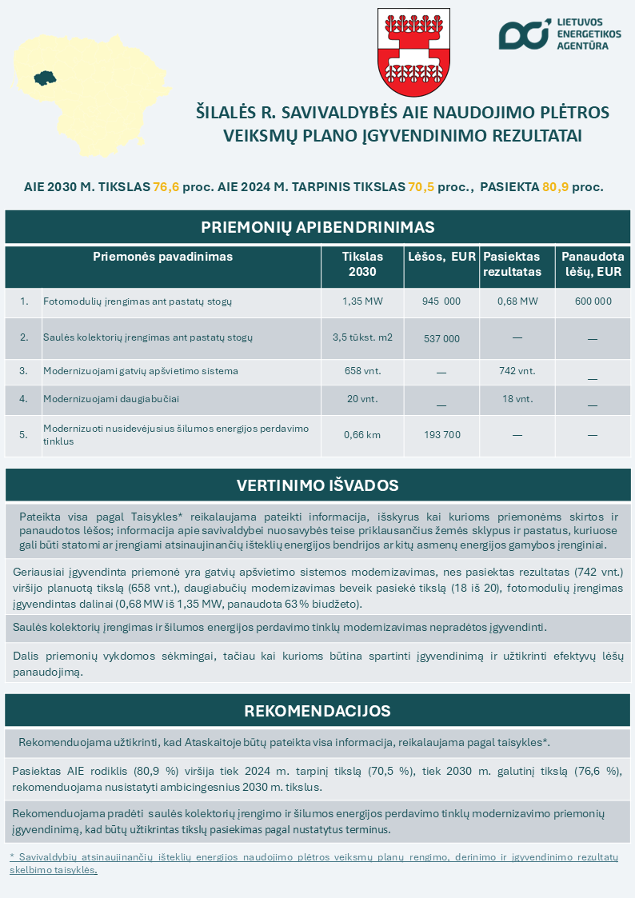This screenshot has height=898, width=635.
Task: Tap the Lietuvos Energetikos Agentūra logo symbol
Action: coord(524,34)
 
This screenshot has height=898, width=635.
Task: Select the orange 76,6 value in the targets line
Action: coord(166,187)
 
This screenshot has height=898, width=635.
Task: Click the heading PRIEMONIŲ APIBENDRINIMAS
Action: coord(317,227)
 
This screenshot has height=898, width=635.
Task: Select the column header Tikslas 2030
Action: coord(362,264)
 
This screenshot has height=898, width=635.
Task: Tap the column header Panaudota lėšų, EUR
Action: coord(592,264)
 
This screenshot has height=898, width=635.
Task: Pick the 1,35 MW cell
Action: coord(362,301)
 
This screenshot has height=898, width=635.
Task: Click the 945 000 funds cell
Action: coord(441,301)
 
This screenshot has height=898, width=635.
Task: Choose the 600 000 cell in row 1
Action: coord(592,301)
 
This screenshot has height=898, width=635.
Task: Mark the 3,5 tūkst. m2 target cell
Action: coord(362,337)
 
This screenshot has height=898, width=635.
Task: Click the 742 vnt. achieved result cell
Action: coord(517,371)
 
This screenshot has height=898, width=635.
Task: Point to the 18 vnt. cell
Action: coord(517,398)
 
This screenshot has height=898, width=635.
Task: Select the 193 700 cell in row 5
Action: coord(441,435)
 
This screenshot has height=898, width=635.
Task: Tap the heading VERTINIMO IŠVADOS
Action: coord(317,485)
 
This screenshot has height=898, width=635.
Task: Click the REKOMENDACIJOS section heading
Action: coord(317,711)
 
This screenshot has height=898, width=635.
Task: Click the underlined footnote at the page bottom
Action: coord(314,863)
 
